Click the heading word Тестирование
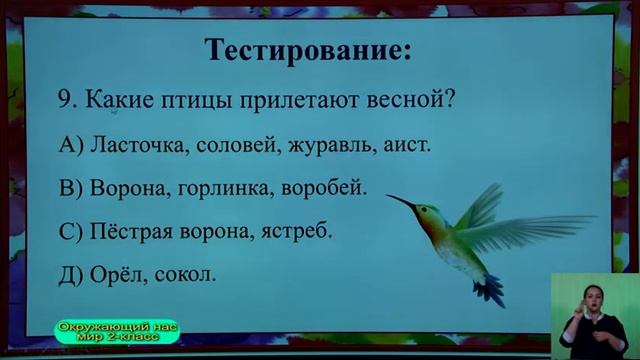click(x=307, y=49)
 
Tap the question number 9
click(x=67, y=101)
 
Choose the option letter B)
click(x=71, y=188)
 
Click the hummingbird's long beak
click(x=401, y=203)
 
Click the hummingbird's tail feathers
click(x=488, y=289)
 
